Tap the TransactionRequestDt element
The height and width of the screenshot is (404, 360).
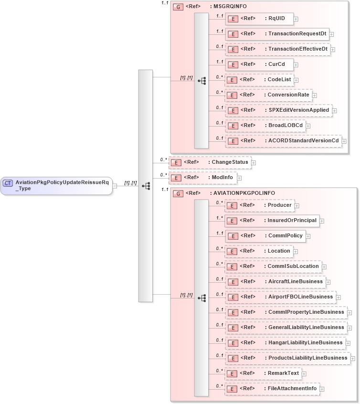[x=276, y=34]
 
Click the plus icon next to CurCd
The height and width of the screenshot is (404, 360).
[x=296, y=64]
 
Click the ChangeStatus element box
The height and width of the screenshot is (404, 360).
[x=210, y=162]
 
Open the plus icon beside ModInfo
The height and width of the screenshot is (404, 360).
[x=239, y=178]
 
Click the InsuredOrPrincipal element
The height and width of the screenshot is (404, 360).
[x=272, y=221]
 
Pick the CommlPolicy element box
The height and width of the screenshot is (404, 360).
[x=265, y=236]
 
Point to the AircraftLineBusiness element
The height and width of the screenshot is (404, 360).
[x=275, y=282]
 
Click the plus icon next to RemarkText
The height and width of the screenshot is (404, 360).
[x=304, y=373]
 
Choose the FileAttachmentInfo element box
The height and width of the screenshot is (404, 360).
[x=272, y=389]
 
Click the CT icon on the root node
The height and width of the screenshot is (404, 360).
[x=8, y=183]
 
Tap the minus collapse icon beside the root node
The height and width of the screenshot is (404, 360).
[x=115, y=186]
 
